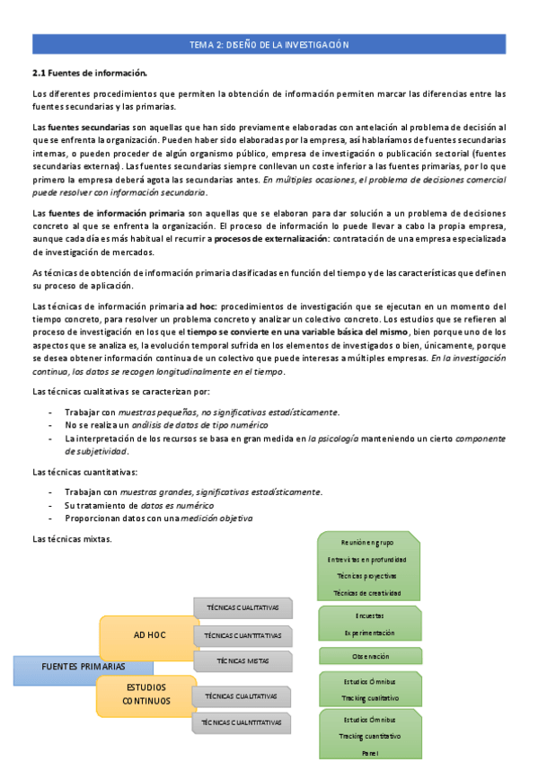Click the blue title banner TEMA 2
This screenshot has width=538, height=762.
[x=269, y=44]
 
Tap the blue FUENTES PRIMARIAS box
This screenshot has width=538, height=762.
[x=83, y=667]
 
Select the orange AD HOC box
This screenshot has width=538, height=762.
[x=149, y=635]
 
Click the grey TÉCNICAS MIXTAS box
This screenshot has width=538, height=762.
[x=243, y=661]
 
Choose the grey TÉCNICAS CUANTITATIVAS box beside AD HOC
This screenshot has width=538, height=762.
[x=243, y=635]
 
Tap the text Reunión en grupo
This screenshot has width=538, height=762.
[x=368, y=542]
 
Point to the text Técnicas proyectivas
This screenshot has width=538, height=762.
[x=368, y=575]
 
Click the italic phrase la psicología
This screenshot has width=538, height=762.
[x=333, y=438]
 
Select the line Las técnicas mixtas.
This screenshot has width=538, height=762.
[x=72, y=539]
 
